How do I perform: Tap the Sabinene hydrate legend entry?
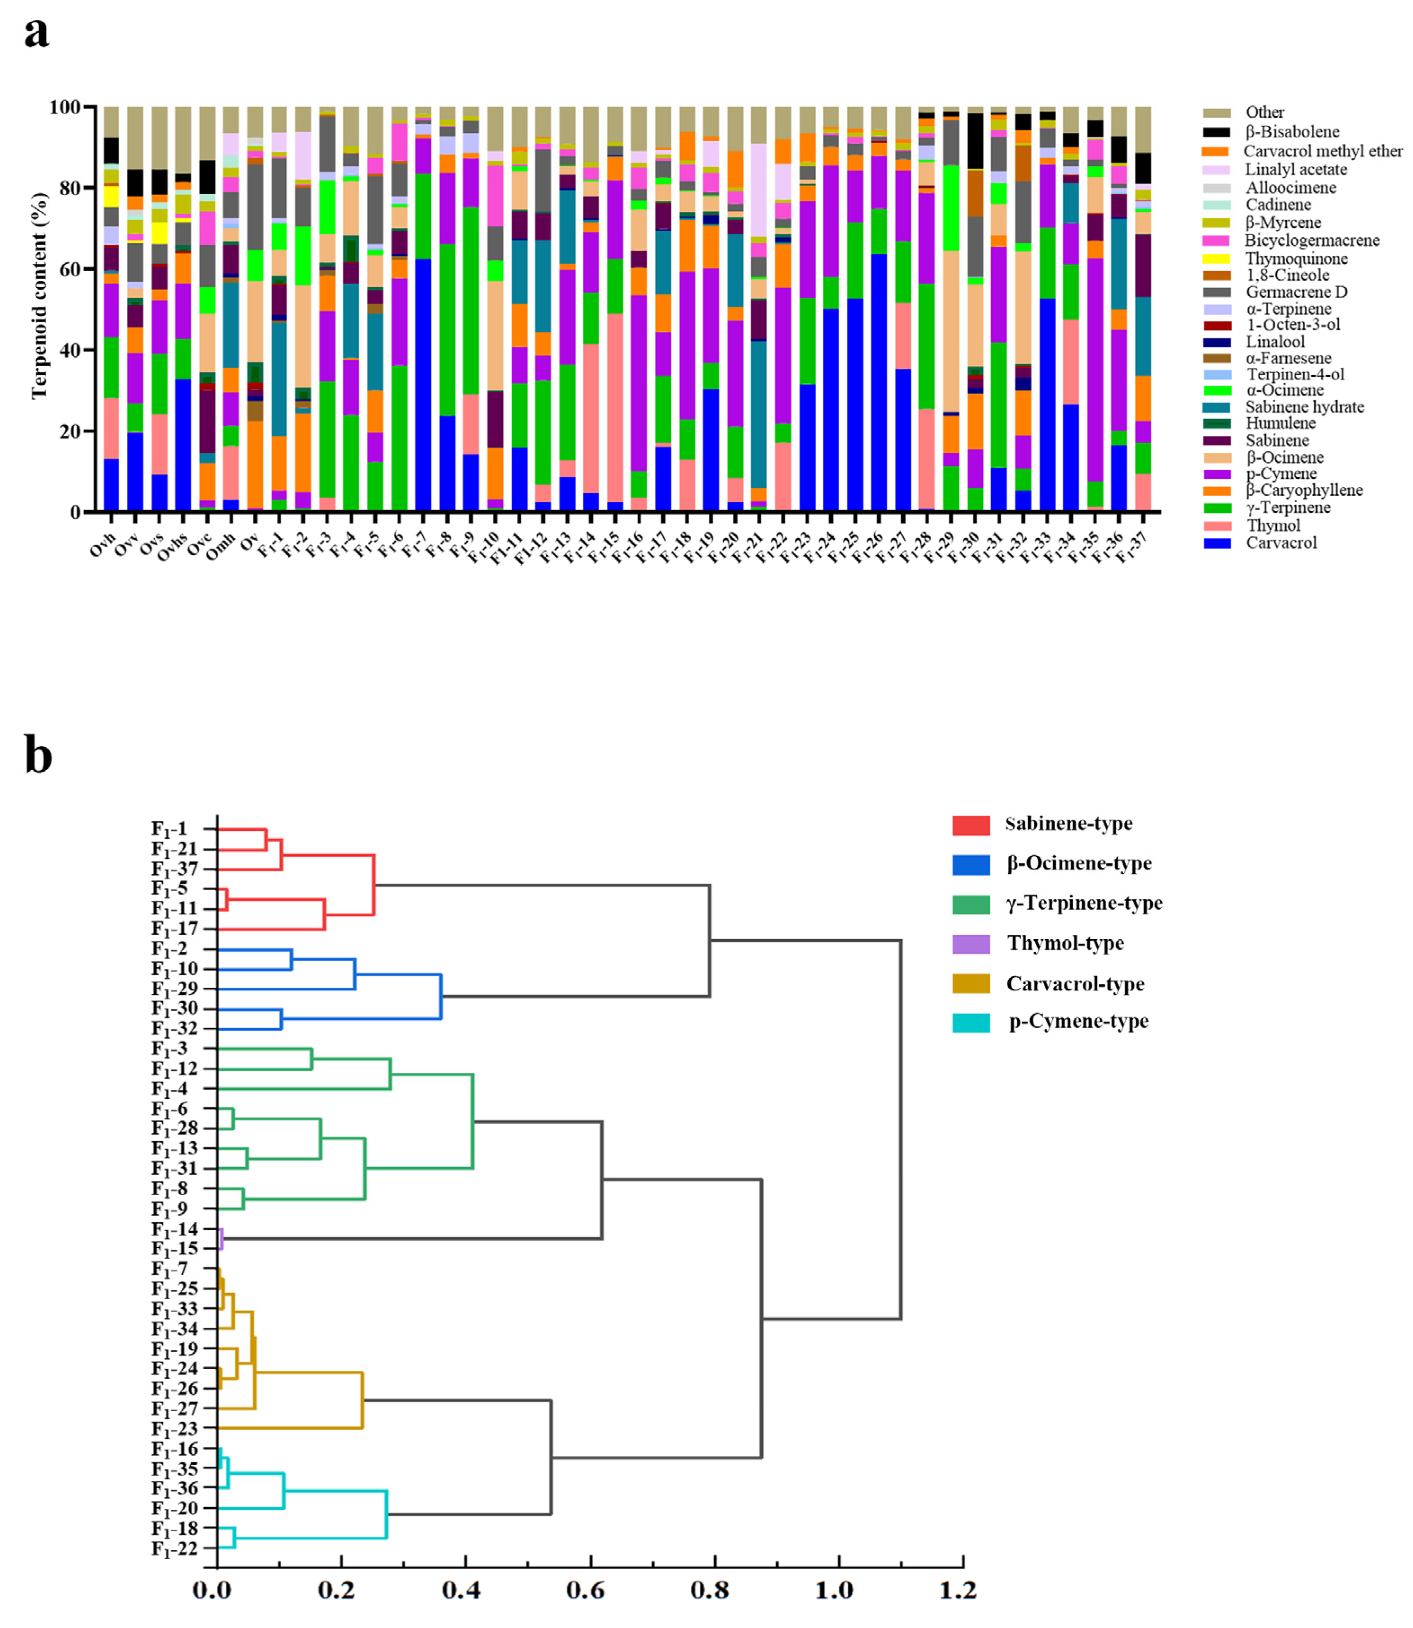coord(1304,407)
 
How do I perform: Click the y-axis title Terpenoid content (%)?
coord(40,296)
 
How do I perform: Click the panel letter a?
coord(36,33)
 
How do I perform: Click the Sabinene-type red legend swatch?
coord(970,825)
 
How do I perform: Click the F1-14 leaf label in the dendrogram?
coord(174,1229)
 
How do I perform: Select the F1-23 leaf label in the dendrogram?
coord(174,1428)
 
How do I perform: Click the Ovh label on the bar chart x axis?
coord(103,545)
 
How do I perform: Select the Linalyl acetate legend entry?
coord(1296,169)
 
